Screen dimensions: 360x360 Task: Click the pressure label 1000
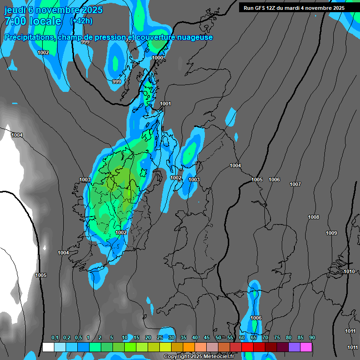[x=158, y=58]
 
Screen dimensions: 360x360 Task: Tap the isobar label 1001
[x=165, y=104]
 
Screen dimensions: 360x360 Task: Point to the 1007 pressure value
[x=295, y=184]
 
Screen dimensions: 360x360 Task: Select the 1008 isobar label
[x=314, y=217]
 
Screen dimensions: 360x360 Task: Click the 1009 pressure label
[x=331, y=233]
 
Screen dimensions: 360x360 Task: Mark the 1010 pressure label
[x=349, y=271]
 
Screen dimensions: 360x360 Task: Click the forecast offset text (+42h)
[x=81, y=21]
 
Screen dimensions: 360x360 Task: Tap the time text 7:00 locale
[x=33, y=21]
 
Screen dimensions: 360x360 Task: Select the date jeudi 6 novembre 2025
[x=53, y=9]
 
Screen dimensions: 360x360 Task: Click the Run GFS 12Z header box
[x=294, y=8]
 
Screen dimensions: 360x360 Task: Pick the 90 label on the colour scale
[x=312, y=338]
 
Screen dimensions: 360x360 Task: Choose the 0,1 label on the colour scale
[x=55, y=338]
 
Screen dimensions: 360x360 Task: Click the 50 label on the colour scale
[x=218, y=338]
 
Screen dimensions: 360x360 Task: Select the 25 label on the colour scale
[x=160, y=338]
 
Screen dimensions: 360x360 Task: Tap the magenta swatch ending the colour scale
[x=306, y=347]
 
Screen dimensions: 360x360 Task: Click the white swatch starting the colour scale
[x=48, y=347]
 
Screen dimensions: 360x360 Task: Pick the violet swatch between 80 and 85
[x=294, y=347]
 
